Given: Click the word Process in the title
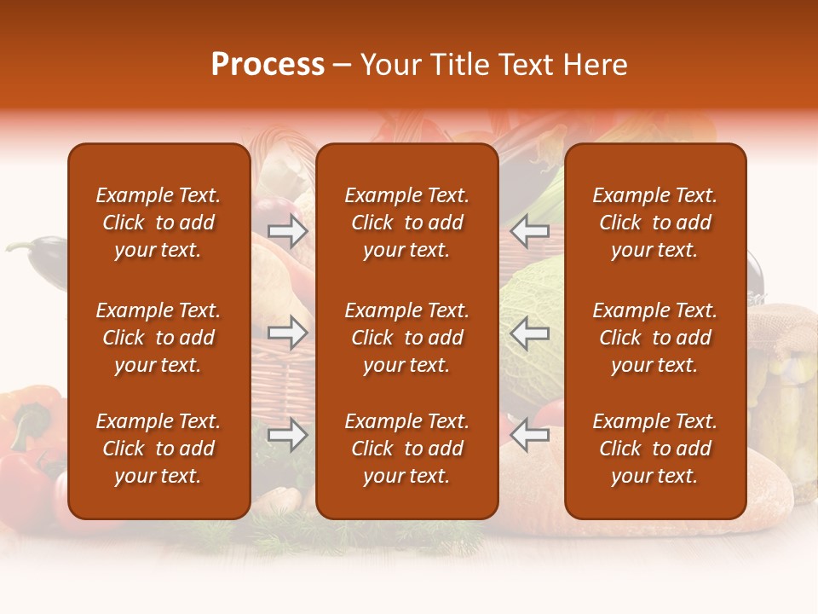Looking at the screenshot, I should point(268,65).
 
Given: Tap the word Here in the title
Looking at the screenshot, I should point(595,65).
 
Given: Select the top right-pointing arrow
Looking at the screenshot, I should point(288,231).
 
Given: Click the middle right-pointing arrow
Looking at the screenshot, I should point(288,333).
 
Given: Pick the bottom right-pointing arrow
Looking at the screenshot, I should point(288,436).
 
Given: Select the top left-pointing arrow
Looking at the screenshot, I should point(530,231).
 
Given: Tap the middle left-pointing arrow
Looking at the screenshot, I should point(530,333).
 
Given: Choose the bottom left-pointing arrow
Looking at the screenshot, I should point(530,436).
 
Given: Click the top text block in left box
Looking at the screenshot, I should point(158,223).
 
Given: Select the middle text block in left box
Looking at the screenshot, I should point(158,338).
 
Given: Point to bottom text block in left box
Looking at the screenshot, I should point(158,449).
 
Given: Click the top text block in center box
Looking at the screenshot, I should point(406,223).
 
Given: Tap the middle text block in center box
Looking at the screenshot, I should point(406,338).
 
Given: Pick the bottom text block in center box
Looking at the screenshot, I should point(406,449).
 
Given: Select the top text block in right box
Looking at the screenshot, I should point(654,223).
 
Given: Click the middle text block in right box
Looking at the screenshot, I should point(654,338).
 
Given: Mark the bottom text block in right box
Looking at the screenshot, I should point(654,449).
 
